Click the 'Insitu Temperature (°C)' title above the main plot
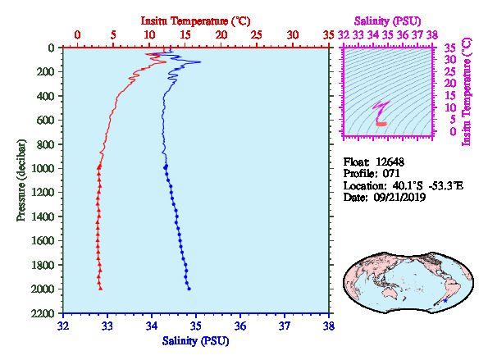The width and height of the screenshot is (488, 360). coord(195,21)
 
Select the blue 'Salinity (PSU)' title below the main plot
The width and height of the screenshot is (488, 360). coord(195,341)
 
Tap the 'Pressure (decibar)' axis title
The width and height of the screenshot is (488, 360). coord(21,180)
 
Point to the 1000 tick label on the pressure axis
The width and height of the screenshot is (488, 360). coord(43,168)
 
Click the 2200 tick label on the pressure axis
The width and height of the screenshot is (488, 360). coord(43,313)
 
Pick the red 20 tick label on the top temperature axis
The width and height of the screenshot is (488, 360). coord(221,34)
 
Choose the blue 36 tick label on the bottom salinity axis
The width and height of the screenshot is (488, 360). coord(240,326)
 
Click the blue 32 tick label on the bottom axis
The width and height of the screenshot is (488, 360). coord(63,326)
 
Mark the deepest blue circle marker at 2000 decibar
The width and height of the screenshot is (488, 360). coord(189,289)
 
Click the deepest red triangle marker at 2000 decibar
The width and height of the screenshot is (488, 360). coord(101,289)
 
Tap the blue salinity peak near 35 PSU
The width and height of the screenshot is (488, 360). coord(200,62)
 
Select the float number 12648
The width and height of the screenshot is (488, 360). coord(390,162)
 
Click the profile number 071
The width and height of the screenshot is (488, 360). coord(391,173)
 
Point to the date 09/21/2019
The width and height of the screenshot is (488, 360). coord(399,198)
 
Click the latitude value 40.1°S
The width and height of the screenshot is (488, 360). coord(408,186)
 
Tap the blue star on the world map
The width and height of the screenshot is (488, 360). coord(445,301)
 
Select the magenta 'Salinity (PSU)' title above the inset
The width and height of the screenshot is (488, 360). coord(388,21)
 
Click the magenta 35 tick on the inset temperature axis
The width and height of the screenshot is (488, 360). coord(449,48)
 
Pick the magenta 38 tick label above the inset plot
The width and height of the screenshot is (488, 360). coord(432,34)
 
